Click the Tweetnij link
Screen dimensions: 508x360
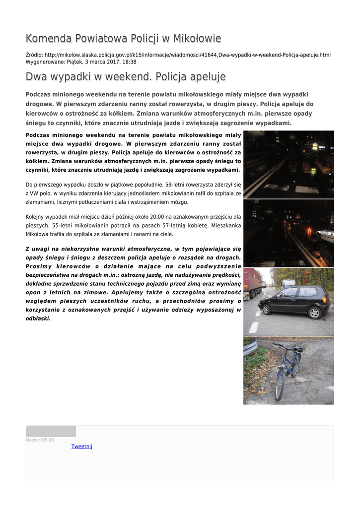pos(82,446)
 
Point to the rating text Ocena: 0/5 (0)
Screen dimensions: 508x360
pos(40,440)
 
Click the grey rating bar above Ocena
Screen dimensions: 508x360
pos(51,431)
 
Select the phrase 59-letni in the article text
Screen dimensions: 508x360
pos(176,185)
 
